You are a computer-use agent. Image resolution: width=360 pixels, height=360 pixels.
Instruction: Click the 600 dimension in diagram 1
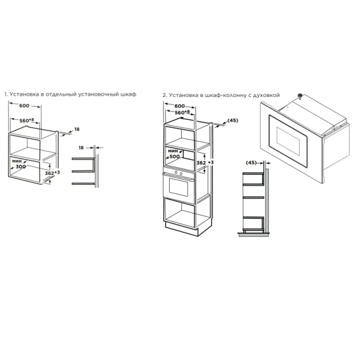pyautogui.click(x=24, y=105)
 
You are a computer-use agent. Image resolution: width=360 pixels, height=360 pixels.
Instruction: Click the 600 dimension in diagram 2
pyautogui.click(x=179, y=106)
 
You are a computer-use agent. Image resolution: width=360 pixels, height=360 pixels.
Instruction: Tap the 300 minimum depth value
pyautogui.click(x=20, y=166)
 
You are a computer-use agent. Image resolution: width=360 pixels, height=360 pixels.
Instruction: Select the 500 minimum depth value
pyautogui.click(x=174, y=156)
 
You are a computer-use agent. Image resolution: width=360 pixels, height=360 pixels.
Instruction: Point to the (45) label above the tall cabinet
pyautogui.click(x=233, y=120)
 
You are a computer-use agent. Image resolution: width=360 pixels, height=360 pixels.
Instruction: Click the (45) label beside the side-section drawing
pyautogui.click(x=251, y=162)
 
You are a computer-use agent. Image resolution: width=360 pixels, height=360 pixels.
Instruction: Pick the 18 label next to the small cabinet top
pyautogui.click(x=77, y=129)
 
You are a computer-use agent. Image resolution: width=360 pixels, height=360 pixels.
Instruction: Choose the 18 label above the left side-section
pyautogui.click(x=81, y=147)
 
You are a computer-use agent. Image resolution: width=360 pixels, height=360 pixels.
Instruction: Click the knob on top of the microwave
pyautogui.click(x=299, y=95)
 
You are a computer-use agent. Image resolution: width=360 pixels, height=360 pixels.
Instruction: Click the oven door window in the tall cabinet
pyautogui.click(x=178, y=187)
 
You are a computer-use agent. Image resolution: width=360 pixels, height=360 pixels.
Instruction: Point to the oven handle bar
pyautogui.click(x=178, y=176)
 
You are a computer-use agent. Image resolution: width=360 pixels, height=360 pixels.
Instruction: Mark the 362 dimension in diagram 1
pyautogui.click(x=49, y=173)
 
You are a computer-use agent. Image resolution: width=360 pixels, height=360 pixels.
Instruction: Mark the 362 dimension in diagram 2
pyautogui.click(x=201, y=163)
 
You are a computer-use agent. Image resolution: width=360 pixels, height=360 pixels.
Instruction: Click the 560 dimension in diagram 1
pyautogui.click(x=24, y=120)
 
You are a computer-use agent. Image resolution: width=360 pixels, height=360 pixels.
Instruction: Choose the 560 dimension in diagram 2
pyautogui.click(x=180, y=112)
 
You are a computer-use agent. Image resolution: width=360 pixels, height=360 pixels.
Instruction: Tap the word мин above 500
pyautogui.click(x=173, y=151)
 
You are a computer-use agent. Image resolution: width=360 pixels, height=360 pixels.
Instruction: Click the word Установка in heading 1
pyautogui.click(x=24, y=94)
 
